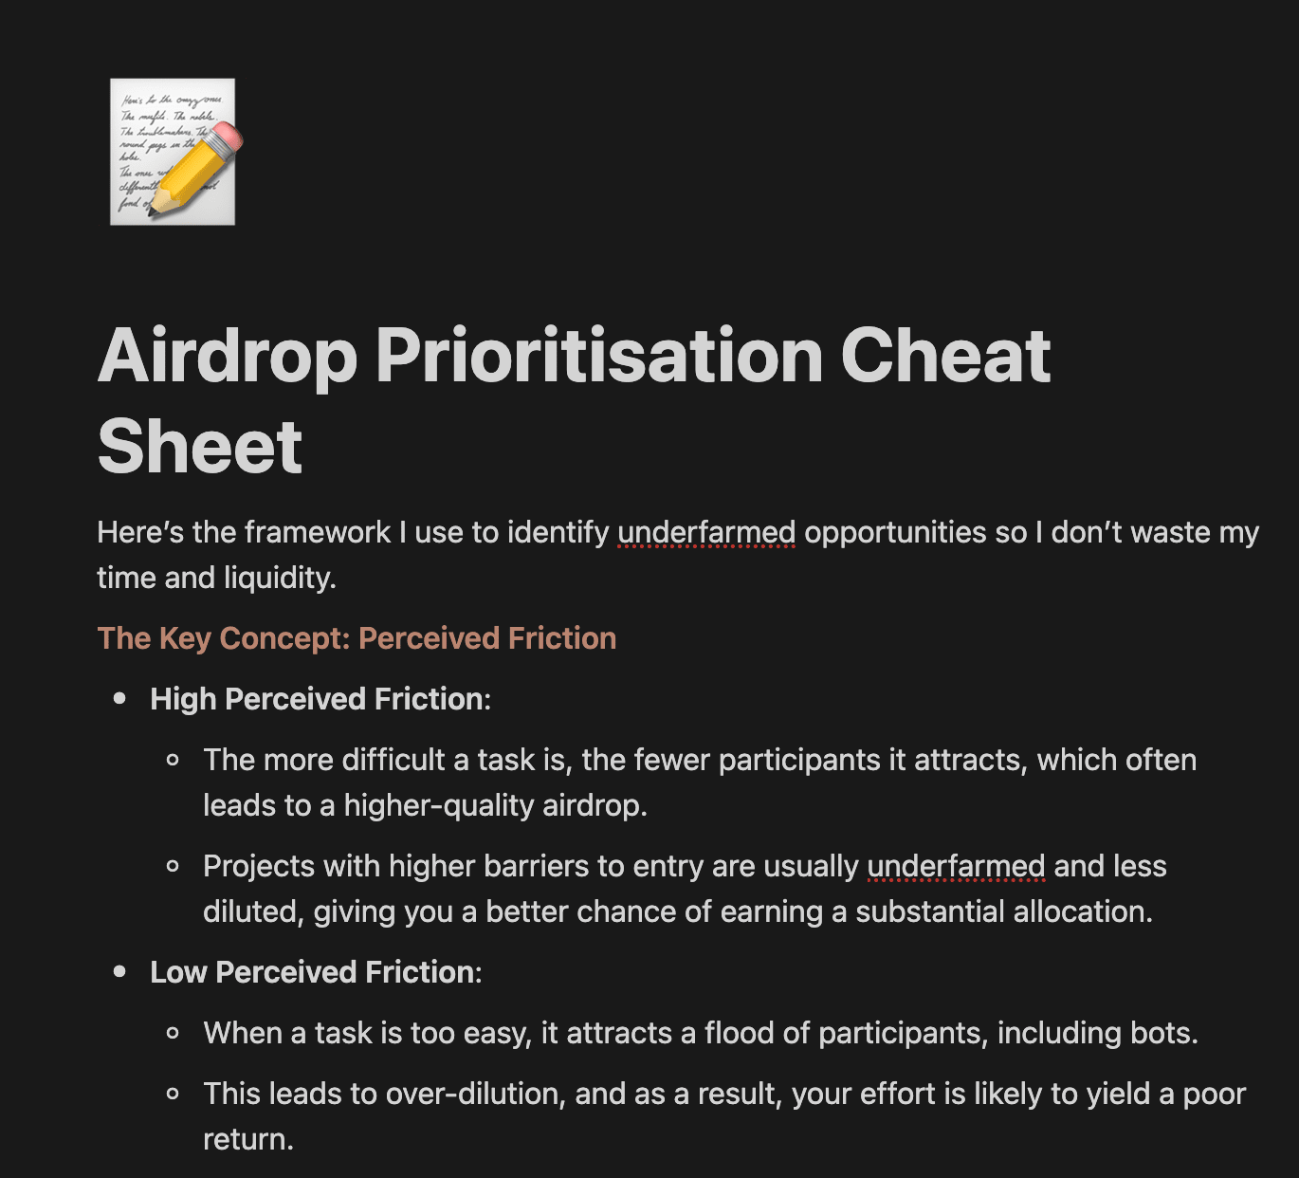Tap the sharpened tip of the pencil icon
[151, 212]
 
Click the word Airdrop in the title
[228, 357]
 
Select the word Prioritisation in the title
[599, 357]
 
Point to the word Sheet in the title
[199, 447]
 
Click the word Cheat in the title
[945, 357]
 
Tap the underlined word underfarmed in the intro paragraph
[706, 533]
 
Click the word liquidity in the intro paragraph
[279, 578]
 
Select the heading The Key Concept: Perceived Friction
[357, 638]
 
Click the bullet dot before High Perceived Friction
[119, 698]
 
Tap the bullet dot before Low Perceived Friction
[119, 972]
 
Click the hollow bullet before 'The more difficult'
[173, 760]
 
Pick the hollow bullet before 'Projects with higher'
[173, 866]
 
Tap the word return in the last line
[248, 1140]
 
